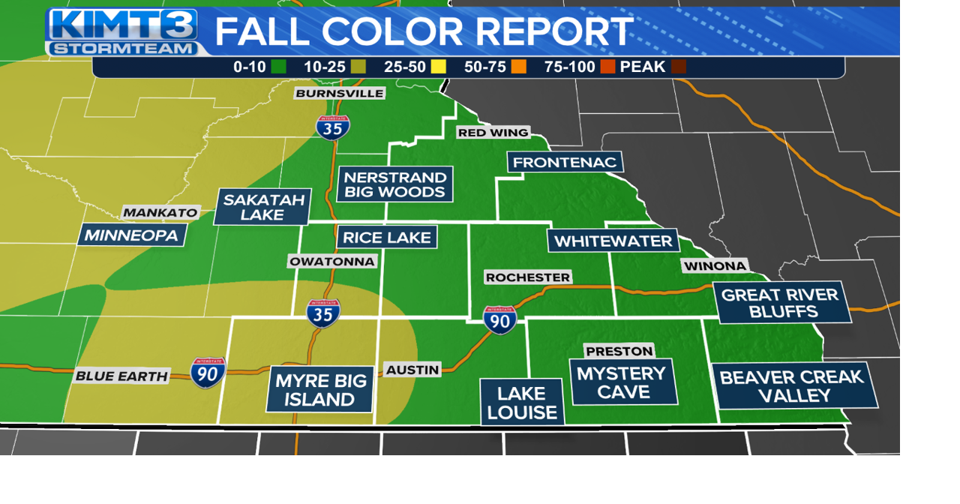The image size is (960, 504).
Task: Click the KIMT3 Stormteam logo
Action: (x=123, y=31)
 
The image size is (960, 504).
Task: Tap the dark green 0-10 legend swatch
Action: (x=279, y=67)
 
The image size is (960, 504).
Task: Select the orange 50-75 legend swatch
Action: (x=518, y=67)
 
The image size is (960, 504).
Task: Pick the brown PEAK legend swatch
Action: (x=679, y=67)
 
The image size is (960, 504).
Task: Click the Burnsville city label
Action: (x=340, y=93)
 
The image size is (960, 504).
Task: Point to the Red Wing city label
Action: (x=493, y=133)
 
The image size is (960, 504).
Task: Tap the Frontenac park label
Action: (x=565, y=162)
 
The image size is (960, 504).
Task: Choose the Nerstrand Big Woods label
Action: (x=394, y=184)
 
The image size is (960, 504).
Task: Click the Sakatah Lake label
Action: (x=262, y=207)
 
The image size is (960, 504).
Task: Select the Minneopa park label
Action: (x=131, y=235)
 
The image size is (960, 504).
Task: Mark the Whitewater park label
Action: (x=613, y=241)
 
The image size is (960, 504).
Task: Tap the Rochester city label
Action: (x=528, y=277)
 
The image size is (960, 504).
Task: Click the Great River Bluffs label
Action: (x=780, y=302)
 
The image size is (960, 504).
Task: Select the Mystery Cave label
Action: (x=622, y=382)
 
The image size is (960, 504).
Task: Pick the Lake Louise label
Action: (x=521, y=403)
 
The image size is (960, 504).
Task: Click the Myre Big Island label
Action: (x=320, y=389)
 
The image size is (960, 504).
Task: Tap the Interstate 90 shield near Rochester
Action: (x=499, y=319)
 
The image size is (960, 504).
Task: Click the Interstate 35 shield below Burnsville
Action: (x=332, y=127)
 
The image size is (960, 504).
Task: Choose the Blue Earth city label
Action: (x=121, y=376)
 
